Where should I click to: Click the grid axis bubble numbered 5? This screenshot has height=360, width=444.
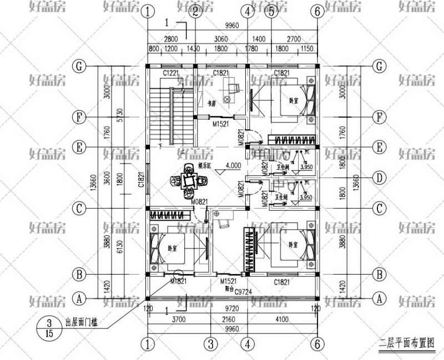point(271,11)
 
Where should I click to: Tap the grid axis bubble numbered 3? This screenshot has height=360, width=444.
point(210,344)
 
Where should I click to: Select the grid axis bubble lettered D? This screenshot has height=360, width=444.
point(380,178)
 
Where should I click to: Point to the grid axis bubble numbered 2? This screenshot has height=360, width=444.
point(195,11)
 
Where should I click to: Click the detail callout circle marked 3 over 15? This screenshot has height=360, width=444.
point(49,327)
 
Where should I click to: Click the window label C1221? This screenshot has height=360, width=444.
point(170,73)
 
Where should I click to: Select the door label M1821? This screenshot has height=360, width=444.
point(179,282)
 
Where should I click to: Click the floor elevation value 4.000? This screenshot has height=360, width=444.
point(233,165)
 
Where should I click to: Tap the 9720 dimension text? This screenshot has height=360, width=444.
point(233,308)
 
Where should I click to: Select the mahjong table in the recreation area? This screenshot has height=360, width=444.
point(189,181)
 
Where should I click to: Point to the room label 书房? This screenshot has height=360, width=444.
point(211,103)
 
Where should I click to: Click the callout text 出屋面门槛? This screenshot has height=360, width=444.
point(82,322)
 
